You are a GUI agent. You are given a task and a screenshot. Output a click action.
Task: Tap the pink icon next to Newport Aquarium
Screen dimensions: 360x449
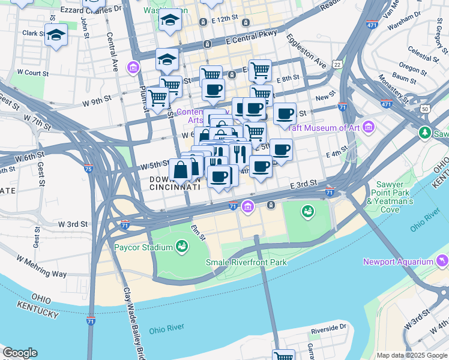point(443,260)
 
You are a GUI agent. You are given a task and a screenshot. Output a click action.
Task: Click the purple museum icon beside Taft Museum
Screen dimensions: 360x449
point(368,127)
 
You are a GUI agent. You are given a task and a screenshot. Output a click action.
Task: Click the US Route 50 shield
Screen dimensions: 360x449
point(425,109)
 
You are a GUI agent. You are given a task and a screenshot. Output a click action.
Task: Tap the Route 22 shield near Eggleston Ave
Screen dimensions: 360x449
point(337,64)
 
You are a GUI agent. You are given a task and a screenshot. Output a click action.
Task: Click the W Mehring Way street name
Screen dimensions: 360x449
point(41,267)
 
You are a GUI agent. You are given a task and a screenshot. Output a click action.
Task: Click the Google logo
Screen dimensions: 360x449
point(20,353)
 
